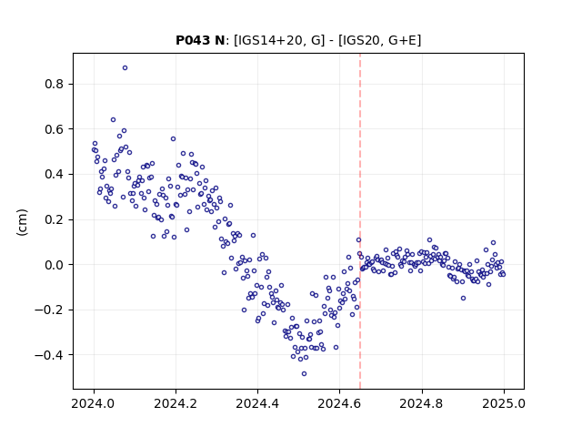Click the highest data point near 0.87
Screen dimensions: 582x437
(125, 68)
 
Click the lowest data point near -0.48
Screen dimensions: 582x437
(304, 374)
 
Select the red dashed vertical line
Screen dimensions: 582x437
(360, 221)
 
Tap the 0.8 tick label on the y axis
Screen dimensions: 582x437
(55, 84)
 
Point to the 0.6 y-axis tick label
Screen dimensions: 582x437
(55, 129)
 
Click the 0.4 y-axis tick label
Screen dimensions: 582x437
(55, 174)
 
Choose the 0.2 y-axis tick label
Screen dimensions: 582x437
(55, 219)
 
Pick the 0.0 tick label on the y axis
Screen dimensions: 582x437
(55, 265)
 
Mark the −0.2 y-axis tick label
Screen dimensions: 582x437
(49, 310)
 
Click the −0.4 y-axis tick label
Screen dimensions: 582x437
(49, 355)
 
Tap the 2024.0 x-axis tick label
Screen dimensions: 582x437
(94, 403)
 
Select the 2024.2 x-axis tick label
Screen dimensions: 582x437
(176, 403)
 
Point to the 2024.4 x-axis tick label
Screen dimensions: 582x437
(257, 403)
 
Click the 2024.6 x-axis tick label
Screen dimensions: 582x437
(339, 403)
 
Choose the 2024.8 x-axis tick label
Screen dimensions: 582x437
(422, 403)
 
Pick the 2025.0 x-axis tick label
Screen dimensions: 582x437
(504, 403)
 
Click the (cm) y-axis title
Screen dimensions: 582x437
(22, 222)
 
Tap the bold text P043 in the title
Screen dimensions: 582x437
(193, 40)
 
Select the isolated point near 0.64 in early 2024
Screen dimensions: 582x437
(113, 119)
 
